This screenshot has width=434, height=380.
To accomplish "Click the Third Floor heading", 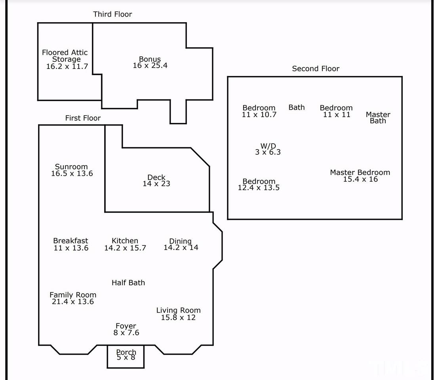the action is click(112, 14).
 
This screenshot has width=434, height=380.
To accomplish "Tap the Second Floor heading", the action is click(316, 68).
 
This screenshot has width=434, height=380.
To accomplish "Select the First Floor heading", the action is click(83, 118).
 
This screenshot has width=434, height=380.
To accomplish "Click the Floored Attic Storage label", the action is click(65, 56).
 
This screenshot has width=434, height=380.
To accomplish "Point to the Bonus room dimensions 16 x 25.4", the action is click(150, 66).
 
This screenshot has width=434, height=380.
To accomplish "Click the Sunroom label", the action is click(71, 167).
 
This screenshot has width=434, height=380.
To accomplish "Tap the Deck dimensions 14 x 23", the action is click(156, 184).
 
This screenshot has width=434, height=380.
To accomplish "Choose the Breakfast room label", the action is click(70, 241).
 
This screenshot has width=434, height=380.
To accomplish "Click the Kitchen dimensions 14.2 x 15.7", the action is click(125, 248).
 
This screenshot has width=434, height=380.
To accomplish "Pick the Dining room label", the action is click(180, 241).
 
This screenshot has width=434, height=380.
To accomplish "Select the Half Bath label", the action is click(128, 283).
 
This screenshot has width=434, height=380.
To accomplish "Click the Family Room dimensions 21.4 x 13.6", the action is click(73, 302).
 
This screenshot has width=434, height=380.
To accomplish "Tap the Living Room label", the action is click(178, 311).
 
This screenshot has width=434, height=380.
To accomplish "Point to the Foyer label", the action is click(126, 326).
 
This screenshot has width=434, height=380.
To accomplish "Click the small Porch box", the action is click(126, 357).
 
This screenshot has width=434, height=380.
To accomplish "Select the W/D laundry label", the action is click(268, 146).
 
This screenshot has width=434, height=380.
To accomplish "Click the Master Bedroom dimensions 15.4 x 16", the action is click(360, 179).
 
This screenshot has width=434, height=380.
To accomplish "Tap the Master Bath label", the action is click(378, 118).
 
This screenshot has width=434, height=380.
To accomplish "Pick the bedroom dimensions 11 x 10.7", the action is click(259, 114).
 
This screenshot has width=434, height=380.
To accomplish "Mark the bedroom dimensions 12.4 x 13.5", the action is click(259, 188).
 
